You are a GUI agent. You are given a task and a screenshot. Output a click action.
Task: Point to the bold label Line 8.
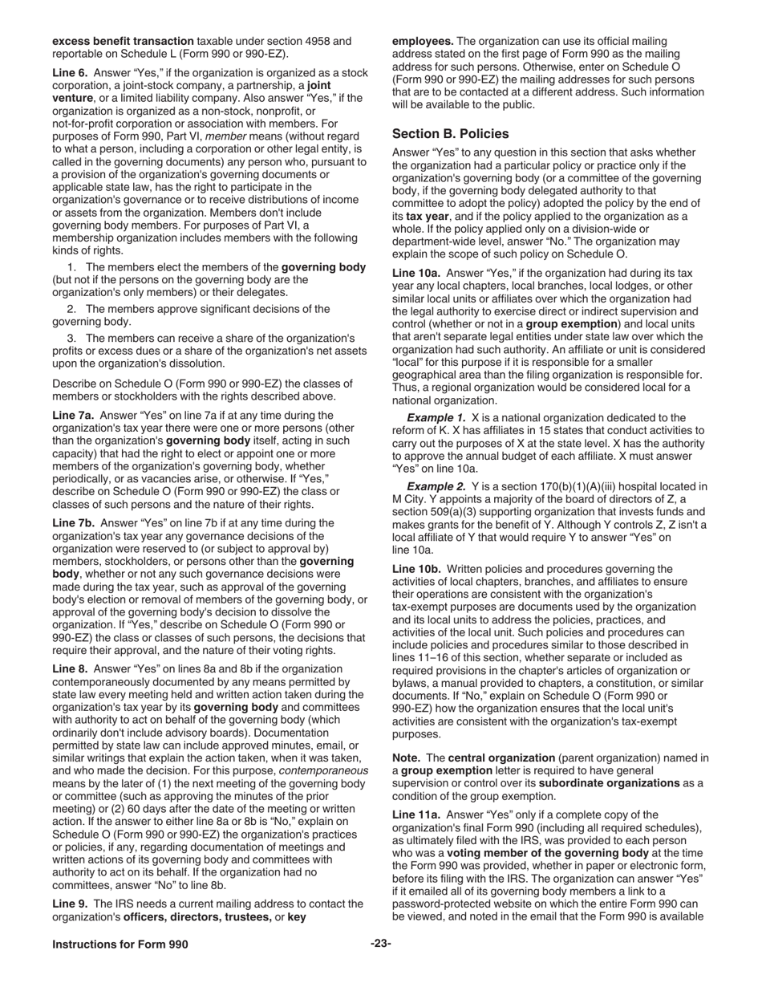tap(71, 668)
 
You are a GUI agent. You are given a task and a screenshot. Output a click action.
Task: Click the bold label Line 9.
tap(71, 904)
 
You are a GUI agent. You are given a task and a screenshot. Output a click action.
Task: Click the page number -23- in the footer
tap(380, 944)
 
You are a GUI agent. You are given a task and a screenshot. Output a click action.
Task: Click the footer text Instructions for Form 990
tap(120, 944)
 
